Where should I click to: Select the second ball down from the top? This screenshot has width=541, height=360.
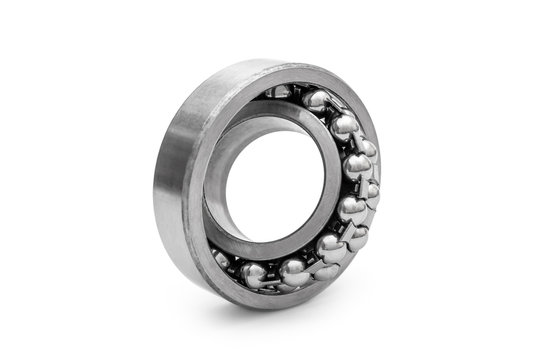(344, 126)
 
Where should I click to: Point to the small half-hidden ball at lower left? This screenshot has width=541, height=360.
(222, 258)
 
